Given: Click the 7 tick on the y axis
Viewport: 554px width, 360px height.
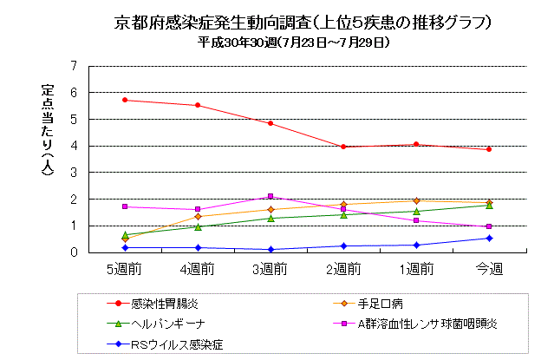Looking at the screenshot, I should click(74, 66).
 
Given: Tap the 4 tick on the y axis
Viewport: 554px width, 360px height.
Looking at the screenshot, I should click(74, 146).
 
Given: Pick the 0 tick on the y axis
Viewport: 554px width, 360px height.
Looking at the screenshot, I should click(74, 252).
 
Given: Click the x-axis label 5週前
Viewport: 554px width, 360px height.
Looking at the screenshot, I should click(125, 270).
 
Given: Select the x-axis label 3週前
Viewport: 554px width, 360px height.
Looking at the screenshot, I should click(270, 270).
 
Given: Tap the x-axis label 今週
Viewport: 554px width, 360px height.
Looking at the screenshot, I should click(489, 270).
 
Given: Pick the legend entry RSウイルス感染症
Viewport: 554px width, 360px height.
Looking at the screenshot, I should click(177, 344).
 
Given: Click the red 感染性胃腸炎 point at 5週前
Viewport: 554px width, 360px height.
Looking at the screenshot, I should click(125, 100).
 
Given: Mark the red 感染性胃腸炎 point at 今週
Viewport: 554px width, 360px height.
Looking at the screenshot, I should click(489, 149).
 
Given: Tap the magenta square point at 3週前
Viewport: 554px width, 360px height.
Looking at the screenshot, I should click(270, 196).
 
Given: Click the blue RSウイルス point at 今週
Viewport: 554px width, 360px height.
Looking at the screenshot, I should click(489, 238).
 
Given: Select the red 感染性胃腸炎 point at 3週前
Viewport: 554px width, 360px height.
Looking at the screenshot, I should click(270, 123).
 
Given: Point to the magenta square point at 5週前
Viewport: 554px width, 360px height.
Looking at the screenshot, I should click(125, 206).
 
